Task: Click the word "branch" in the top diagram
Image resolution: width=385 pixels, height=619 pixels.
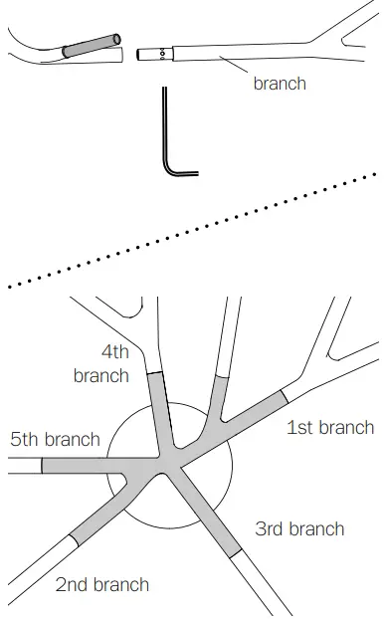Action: coord(279,84)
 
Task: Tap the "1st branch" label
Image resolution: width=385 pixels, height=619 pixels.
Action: coord(330,428)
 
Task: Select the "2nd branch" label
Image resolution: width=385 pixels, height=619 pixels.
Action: coord(102,584)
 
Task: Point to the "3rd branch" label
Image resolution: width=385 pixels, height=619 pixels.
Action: coord(299,528)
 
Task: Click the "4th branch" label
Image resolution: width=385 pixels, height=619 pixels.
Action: coord(101,364)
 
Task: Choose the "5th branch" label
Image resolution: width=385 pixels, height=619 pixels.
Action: coord(56,439)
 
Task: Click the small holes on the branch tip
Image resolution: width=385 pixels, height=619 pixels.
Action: coord(161,54)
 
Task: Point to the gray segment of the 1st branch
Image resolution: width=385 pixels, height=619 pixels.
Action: coord(255,418)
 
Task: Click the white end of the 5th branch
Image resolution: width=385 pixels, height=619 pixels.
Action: coord(22,466)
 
